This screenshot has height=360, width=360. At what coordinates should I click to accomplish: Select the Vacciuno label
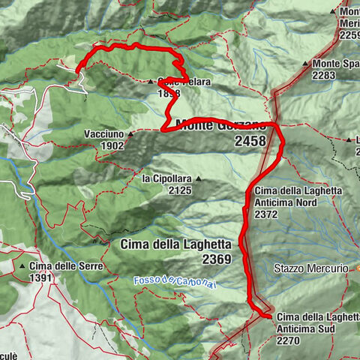[x=105, y=134]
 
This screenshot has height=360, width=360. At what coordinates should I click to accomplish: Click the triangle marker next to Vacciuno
[x=130, y=134]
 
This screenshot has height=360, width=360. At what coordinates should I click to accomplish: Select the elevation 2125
[x=181, y=190]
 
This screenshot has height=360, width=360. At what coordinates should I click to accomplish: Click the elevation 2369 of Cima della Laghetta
[x=216, y=259]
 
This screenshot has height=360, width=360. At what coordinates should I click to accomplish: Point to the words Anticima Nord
[x=289, y=202]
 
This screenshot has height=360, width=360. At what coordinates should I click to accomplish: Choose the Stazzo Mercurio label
[x=310, y=268]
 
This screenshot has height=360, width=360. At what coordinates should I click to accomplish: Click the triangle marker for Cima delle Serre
[x=23, y=265]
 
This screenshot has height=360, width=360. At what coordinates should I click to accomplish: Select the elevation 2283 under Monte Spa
[x=328, y=75]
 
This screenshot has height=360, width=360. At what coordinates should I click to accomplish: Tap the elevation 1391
[x=40, y=277]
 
